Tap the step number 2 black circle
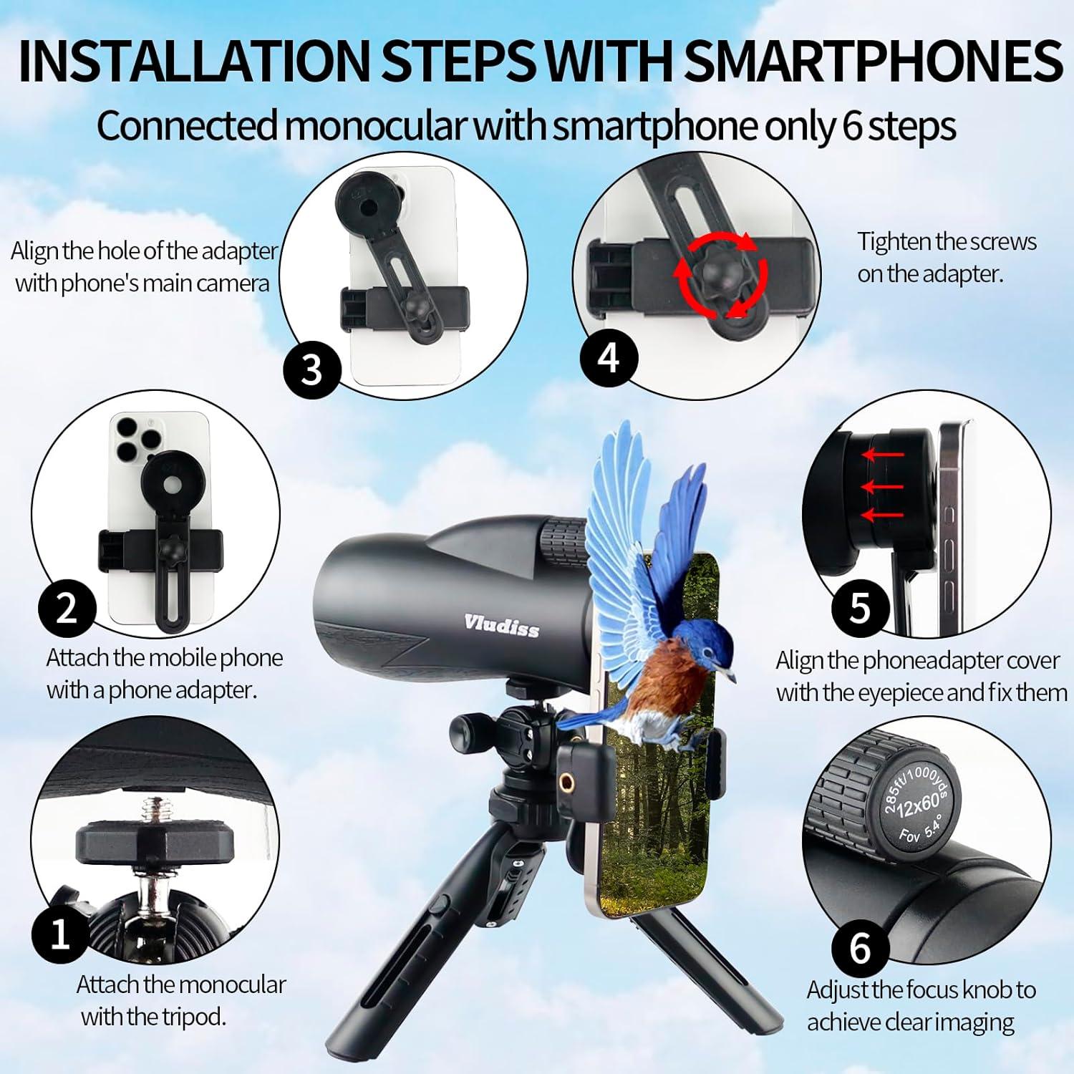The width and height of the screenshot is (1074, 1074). [67, 608]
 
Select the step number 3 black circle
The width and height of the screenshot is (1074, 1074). [311, 370]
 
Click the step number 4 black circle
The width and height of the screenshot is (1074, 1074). [608, 356]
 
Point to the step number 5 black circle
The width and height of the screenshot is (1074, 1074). [859, 608]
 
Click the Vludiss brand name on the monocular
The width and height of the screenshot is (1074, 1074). [501, 624]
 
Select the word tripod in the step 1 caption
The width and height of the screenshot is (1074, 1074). [189, 1016]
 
